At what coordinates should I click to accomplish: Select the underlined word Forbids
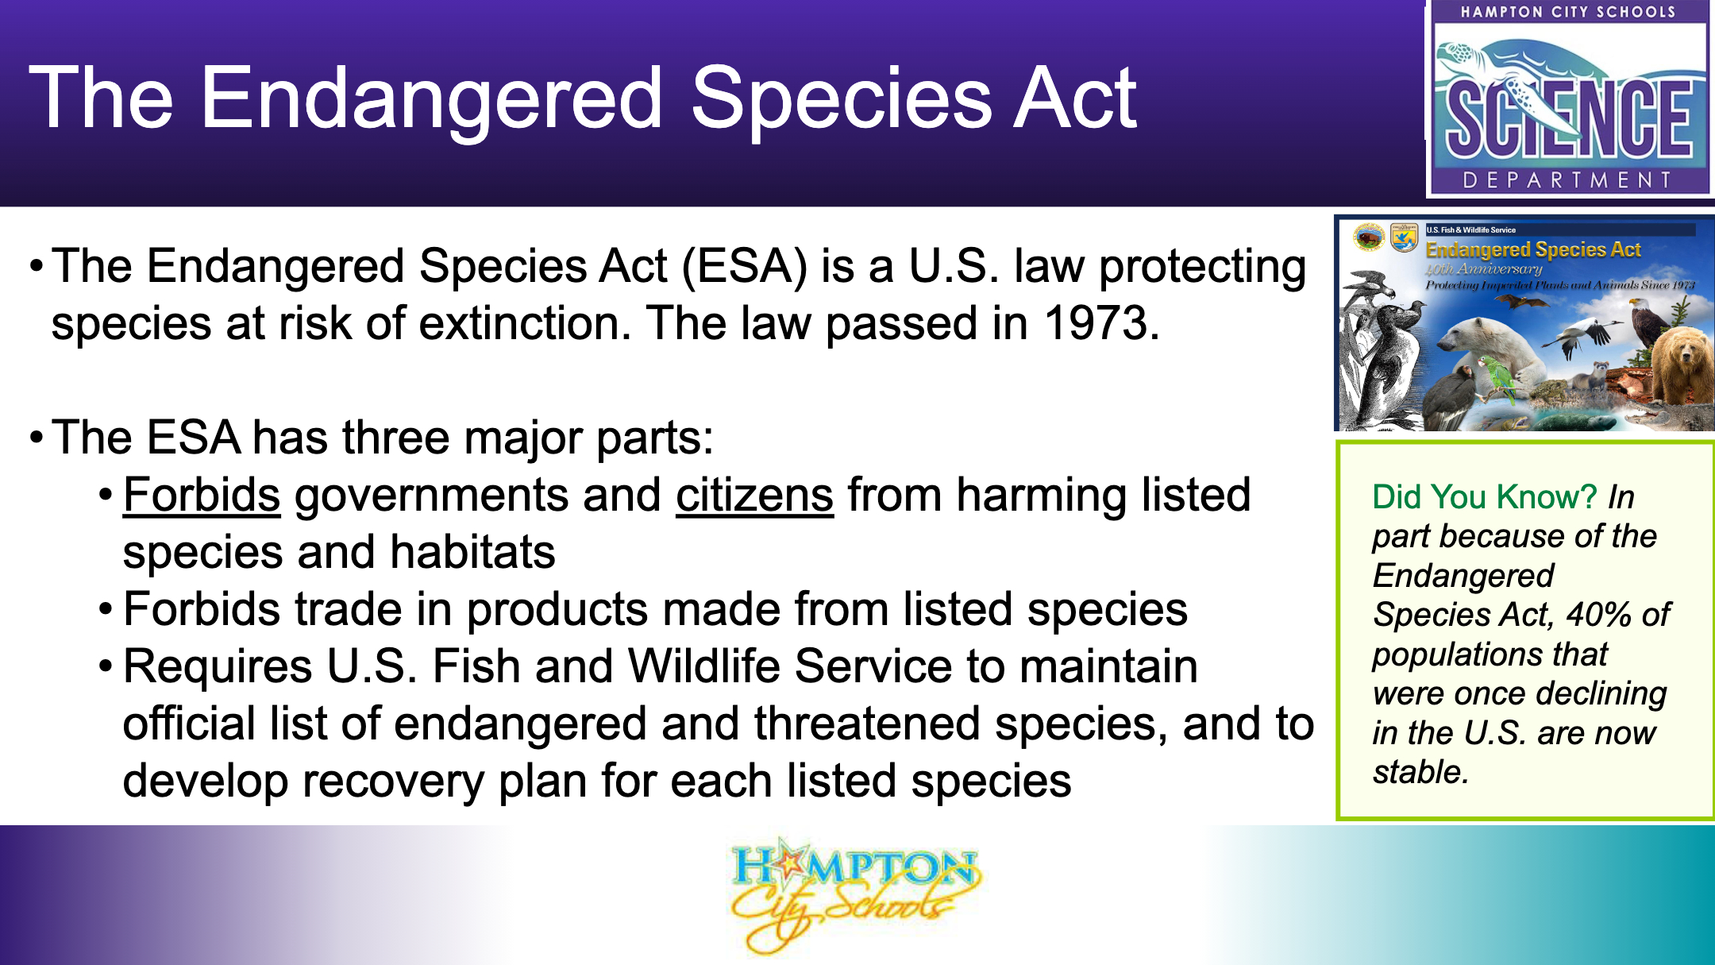pos(202,495)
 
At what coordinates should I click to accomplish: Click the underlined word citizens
pos(754,495)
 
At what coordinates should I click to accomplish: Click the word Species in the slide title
pos(842,98)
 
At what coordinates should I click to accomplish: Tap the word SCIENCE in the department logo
pos(1569,119)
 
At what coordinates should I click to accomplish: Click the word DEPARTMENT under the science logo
pos(1569,180)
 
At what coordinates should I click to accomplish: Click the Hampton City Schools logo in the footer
pos(854,894)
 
